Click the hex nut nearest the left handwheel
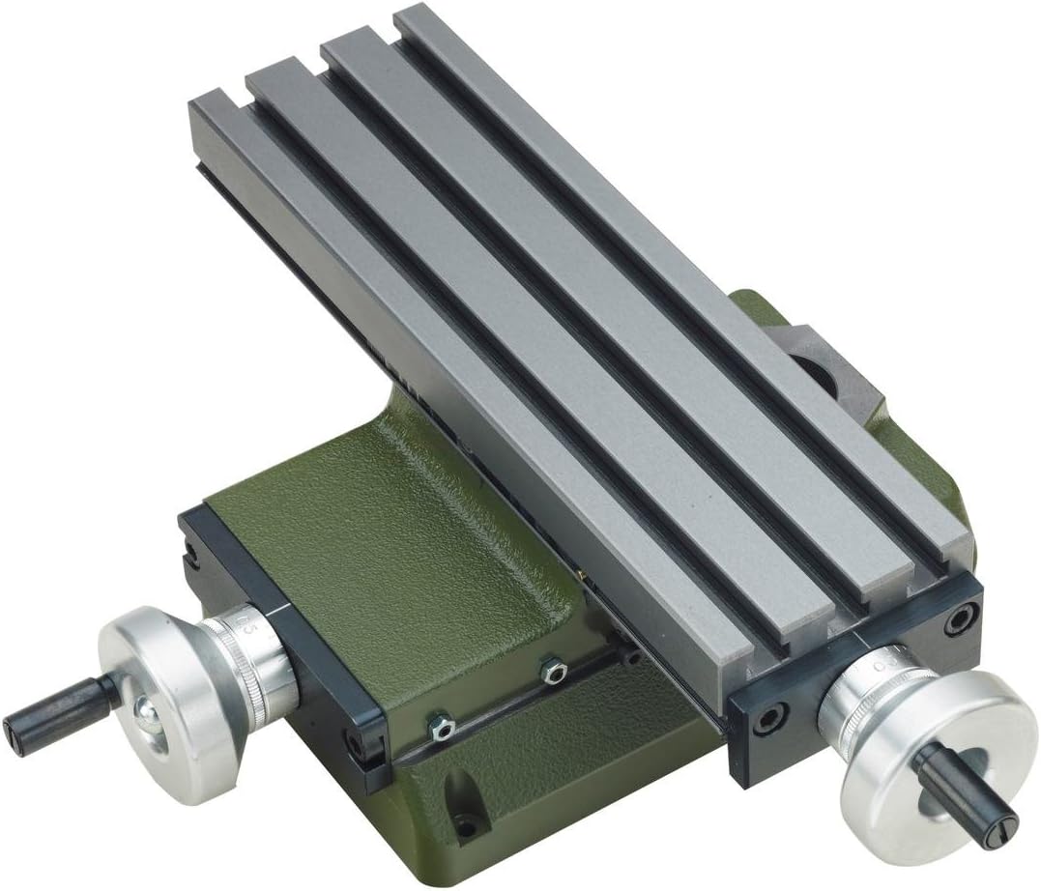pyautogui.click(x=440, y=724)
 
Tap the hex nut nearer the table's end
pyautogui.click(x=553, y=670)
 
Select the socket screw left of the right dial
pyautogui.click(x=768, y=719)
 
